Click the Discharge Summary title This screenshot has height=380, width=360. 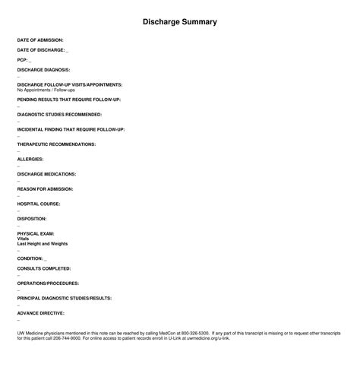(x=180, y=22)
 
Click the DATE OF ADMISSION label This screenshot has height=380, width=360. (x=40, y=40)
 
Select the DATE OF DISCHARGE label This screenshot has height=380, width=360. (x=41, y=49)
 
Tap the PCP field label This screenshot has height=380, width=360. (x=22, y=59)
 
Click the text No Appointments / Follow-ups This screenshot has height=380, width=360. (x=46, y=90)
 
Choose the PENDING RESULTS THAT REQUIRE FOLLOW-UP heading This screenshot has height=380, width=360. (x=68, y=100)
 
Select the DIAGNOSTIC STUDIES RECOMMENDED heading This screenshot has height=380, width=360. (x=59, y=115)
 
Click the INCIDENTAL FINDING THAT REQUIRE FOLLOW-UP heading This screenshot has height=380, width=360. (x=71, y=129)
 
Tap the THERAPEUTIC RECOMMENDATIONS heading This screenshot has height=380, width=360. (x=56, y=144)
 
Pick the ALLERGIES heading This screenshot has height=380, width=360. (x=30, y=159)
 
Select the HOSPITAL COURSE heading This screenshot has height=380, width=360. (x=39, y=204)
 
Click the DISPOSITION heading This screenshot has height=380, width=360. (x=33, y=218)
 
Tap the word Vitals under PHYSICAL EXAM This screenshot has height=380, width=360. (x=24, y=239)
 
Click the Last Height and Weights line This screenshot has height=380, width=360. (x=43, y=244)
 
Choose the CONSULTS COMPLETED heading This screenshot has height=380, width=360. (x=44, y=268)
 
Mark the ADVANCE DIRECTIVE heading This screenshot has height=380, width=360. (x=40, y=312)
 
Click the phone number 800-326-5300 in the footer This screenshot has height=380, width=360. (x=194, y=333)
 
